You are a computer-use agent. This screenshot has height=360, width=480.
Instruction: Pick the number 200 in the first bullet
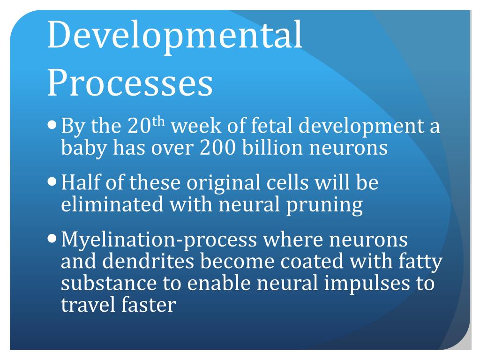point(216,148)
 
